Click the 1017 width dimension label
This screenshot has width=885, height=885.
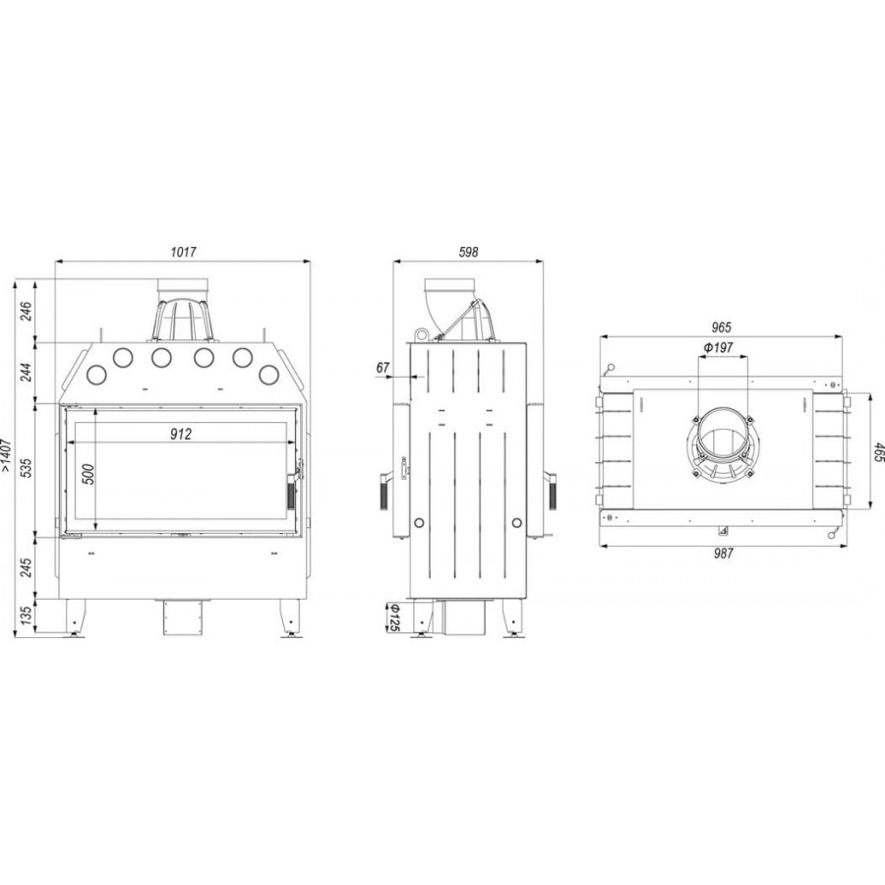(184, 251)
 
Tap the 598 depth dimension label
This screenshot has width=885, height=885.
(468, 251)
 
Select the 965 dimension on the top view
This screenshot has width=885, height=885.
(722, 326)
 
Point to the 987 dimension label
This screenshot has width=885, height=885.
(723, 554)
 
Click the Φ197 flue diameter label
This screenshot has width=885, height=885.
(719, 347)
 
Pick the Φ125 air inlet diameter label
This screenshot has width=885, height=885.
(395, 618)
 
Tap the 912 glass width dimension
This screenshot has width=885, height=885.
(181, 434)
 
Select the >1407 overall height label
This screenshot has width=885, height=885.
(7, 455)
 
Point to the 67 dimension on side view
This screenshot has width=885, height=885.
(383, 368)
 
